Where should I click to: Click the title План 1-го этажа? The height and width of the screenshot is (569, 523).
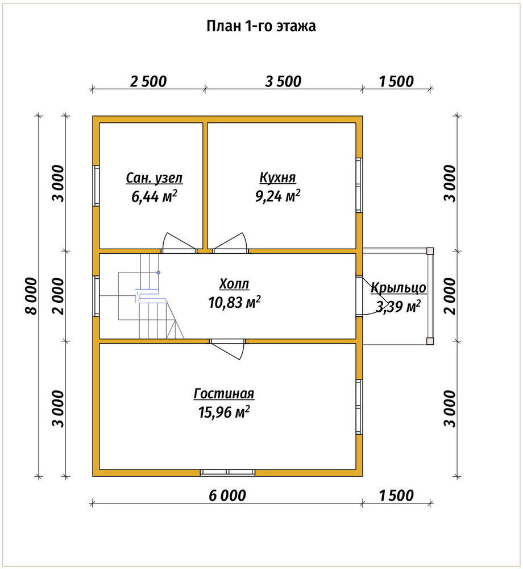(261, 26)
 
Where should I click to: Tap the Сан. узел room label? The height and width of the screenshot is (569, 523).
(154, 178)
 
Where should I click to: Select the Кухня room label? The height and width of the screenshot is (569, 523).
(277, 178)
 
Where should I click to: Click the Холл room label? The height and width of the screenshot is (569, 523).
(234, 284)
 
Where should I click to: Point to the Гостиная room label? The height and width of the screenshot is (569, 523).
(224, 393)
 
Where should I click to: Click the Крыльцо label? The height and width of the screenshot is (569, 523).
(399, 288)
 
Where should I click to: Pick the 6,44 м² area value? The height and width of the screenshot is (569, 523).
(154, 196)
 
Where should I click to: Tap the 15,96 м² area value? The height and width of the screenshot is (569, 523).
(224, 412)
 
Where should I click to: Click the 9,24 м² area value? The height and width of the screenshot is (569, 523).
(277, 196)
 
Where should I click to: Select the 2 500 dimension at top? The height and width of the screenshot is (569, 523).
(148, 81)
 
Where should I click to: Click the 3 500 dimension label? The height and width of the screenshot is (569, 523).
(283, 81)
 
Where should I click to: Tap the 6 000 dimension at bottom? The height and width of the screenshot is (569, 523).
(227, 496)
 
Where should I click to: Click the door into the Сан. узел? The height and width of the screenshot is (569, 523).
(179, 242)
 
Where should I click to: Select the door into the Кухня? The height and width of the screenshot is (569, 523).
(230, 242)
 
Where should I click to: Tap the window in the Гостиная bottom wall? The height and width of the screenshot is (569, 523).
(227, 472)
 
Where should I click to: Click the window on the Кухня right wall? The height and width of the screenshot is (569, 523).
(359, 185)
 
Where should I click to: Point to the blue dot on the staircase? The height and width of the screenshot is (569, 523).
(159, 272)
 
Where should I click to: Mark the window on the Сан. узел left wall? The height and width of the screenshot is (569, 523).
(96, 186)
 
